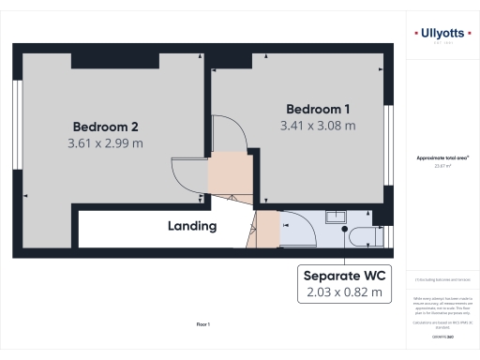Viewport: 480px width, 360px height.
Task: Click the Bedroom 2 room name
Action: (x=107, y=127)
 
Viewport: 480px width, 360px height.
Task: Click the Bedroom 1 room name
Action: (x=318, y=107)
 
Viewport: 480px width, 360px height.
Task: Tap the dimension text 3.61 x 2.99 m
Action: (x=105, y=143)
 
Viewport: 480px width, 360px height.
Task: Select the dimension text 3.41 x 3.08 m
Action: (x=318, y=124)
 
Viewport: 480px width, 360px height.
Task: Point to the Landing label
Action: (x=192, y=226)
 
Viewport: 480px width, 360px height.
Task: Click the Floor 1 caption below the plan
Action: (x=202, y=324)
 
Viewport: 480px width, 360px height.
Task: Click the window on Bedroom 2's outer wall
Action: (x=16, y=127)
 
